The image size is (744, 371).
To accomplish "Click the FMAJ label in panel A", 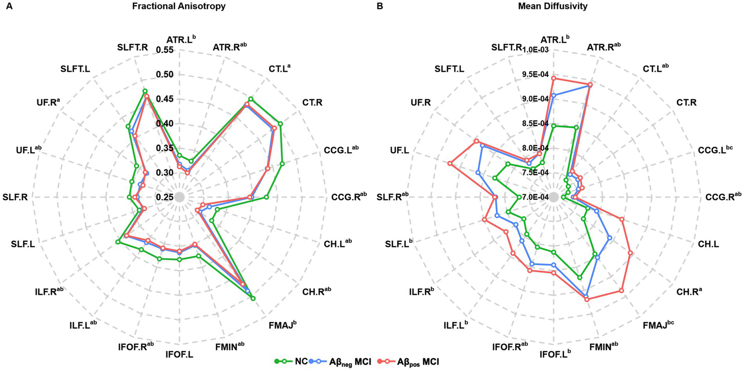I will click(280, 324).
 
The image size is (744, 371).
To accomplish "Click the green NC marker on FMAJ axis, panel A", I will click(253, 298).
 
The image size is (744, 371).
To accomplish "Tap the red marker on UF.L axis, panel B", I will click(450, 164).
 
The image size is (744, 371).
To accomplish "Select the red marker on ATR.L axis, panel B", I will click(554, 78).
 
